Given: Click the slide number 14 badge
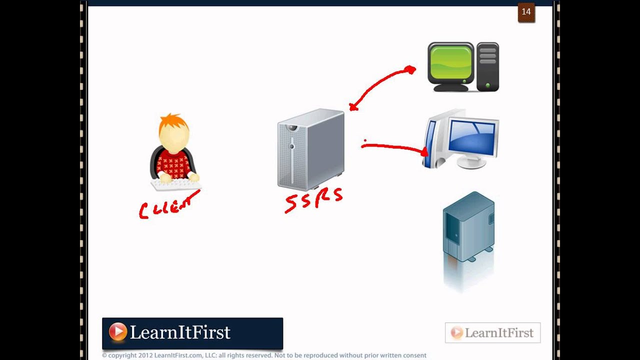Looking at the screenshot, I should (526, 12).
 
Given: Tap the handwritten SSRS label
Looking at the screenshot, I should (314, 200).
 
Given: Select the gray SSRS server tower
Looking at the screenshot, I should (311, 149).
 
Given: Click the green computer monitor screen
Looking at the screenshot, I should (451, 63).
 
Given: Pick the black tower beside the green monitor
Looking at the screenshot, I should (487, 66).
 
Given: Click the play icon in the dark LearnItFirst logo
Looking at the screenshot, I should (118, 332).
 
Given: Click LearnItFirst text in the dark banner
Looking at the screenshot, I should (180, 332).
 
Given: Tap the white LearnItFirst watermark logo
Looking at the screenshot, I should (492, 333).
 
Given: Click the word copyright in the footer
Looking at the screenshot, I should (122, 355).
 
